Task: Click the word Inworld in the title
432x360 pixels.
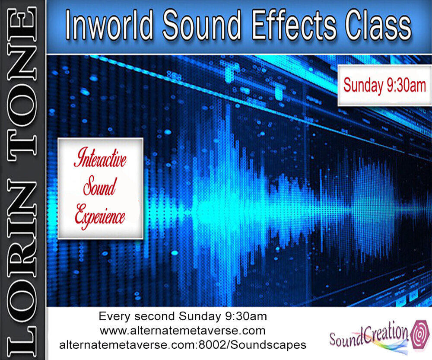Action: (109, 25)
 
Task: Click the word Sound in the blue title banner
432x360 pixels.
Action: (202, 25)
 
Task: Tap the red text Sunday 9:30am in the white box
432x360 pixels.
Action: (384, 85)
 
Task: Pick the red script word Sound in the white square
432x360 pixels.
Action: (100, 187)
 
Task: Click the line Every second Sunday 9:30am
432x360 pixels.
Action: (183, 316)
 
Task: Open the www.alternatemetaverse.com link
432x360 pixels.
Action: (183, 331)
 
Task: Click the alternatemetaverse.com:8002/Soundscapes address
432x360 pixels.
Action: (183, 345)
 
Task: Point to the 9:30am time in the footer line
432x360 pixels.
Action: (246, 316)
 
